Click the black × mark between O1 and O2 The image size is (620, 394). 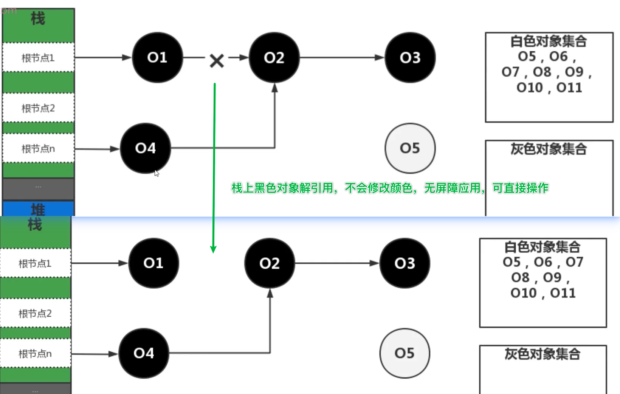pos(217,60)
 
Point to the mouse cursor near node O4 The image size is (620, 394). pos(157,173)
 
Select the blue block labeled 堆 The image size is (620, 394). pos(38,209)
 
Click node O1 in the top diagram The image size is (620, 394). pos(157,57)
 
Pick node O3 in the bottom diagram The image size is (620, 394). pos(405,263)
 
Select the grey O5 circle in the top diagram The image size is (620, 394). pos(410,148)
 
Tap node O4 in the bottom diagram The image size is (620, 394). pos(144,353)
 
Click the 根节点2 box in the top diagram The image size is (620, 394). pos(38,108)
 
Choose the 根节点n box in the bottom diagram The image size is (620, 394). pos(35,354)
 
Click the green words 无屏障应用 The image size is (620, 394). pos(452,188)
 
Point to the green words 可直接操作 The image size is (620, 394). pos(520,188)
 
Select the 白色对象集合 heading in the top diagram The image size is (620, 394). pos(549,41)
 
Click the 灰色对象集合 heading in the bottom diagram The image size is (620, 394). pos(542,354)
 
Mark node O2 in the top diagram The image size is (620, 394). pos(274,57)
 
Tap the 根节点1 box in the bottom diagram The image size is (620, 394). pos(35,263)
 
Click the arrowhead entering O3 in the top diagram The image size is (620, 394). pos(379,57)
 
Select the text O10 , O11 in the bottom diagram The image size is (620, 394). pos(543,293)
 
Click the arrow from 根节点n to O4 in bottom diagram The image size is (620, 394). pos(95,354)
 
